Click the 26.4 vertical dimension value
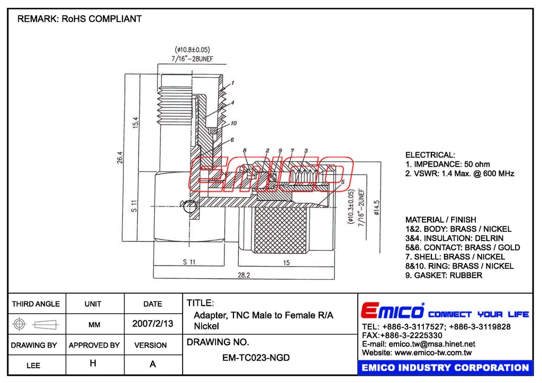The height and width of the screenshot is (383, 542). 120,157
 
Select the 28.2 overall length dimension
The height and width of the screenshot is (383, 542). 244,275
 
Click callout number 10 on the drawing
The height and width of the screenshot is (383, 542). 233,123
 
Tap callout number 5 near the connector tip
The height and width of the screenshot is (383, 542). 342,181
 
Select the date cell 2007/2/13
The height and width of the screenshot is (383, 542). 153,324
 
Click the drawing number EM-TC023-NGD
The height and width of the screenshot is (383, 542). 256,358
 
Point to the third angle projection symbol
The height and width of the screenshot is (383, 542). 37,324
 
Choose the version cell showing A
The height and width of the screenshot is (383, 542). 153,364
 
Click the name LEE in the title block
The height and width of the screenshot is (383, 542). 33,365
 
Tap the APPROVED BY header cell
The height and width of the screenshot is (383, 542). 94,345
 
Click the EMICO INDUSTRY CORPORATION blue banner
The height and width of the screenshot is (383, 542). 445,368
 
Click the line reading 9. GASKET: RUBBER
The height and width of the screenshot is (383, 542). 444,275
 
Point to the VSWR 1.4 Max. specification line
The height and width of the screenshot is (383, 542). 459,174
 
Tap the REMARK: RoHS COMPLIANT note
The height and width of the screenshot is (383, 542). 79,19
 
